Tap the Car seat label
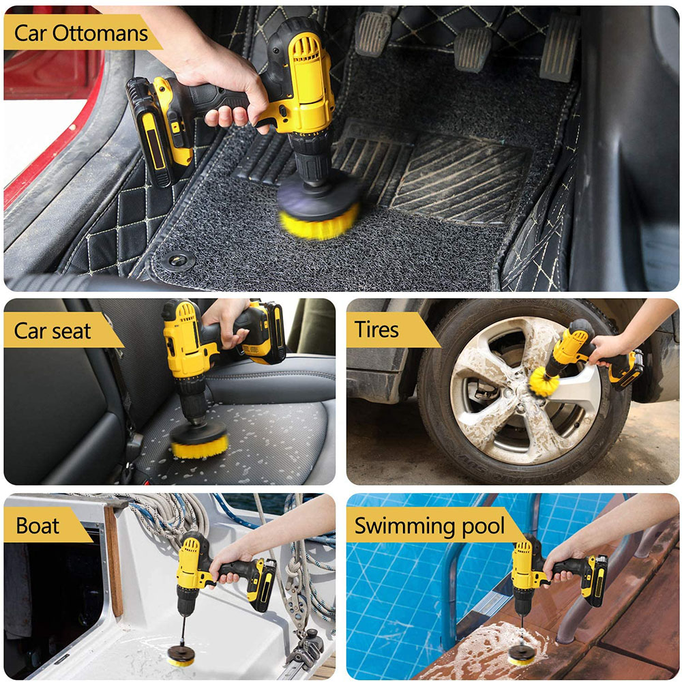tap(53, 331)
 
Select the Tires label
tap(376, 330)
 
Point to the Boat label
tap(38, 526)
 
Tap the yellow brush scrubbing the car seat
tap(198, 447)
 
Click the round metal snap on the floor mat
tap(179, 260)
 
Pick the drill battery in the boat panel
tap(263, 584)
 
